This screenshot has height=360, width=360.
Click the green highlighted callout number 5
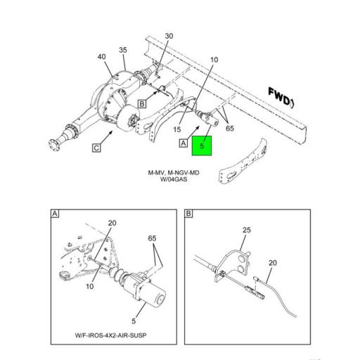pyautogui.click(x=202, y=146)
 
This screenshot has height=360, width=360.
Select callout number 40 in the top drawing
pyautogui.click(x=102, y=57)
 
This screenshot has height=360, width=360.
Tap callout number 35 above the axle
pyautogui.click(x=123, y=50)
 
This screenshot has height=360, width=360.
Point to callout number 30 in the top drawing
pyautogui.click(x=169, y=36)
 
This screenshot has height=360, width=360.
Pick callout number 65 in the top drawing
pyautogui.click(x=230, y=129)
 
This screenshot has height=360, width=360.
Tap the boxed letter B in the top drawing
pyautogui.click(x=141, y=104)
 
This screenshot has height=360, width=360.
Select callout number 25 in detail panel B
pyautogui.click(x=246, y=229)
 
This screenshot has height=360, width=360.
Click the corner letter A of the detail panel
pyautogui.click(x=55, y=213)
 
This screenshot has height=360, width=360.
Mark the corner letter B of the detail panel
pyautogui.click(x=188, y=213)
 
